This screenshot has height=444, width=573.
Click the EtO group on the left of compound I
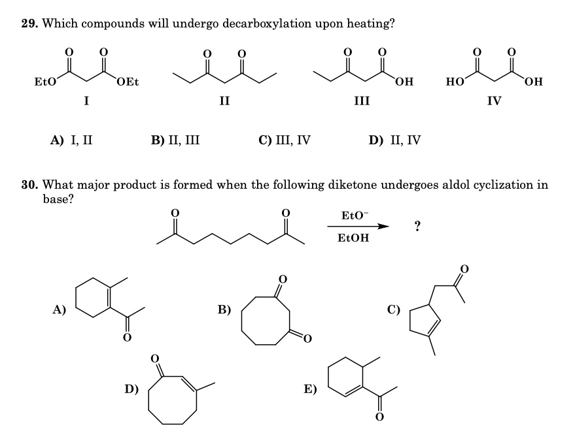coord(44,82)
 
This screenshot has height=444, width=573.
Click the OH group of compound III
coord(404,82)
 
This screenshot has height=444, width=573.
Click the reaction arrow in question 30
coord(357,226)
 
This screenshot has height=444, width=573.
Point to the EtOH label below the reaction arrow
coord(353,238)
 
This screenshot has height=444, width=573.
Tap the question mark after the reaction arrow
coord(417,226)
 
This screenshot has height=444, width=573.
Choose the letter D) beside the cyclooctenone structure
coord(132,389)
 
